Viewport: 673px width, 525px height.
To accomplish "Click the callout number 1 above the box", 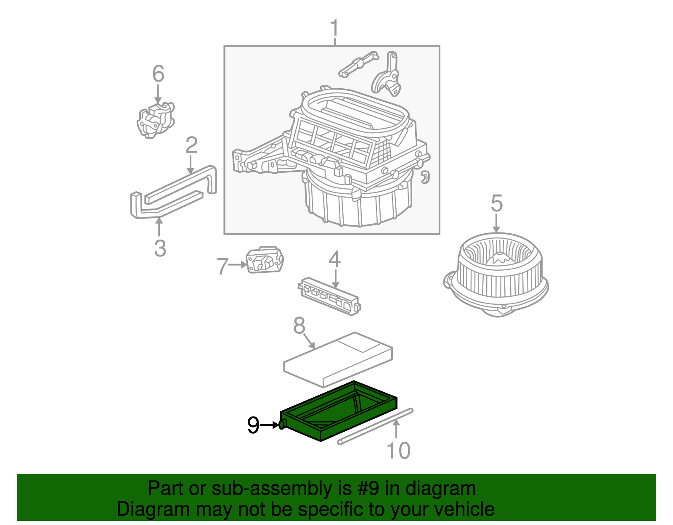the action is click(x=334, y=28).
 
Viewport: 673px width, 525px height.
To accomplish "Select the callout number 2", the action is click(x=191, y=145).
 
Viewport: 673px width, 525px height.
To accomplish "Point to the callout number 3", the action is click(x=160, y=248).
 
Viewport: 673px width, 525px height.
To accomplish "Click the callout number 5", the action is click(x=496, y=203).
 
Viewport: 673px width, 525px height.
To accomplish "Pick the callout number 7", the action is click(x=222, y=266).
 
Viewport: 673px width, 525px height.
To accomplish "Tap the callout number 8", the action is click(x=299, y=325).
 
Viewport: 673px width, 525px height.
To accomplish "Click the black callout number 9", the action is click(x=253, y=425).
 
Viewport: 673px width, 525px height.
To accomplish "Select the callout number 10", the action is click(x=398, y=450).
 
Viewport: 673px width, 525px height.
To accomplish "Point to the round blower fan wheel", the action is click(x=496, y=273).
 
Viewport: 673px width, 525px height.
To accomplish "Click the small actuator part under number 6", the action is click(x=156, y=120).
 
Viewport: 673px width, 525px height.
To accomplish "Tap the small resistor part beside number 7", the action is click(x=265, y=260).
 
